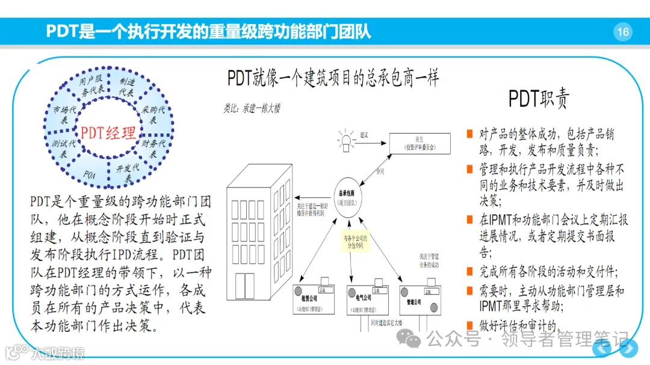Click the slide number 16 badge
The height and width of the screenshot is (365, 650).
[623, 31]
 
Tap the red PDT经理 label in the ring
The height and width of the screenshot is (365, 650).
[108, 132]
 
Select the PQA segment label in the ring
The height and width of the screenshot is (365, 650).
[90, 175]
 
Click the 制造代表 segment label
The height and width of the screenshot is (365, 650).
[127, 88]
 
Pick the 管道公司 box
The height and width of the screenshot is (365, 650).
[419, 298]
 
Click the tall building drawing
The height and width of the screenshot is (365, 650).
[260, 241]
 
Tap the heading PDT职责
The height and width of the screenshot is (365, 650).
[538, 99]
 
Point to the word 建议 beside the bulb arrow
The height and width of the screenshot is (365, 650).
[364, 135]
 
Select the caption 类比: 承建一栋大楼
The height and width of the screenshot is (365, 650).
[252, 109]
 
